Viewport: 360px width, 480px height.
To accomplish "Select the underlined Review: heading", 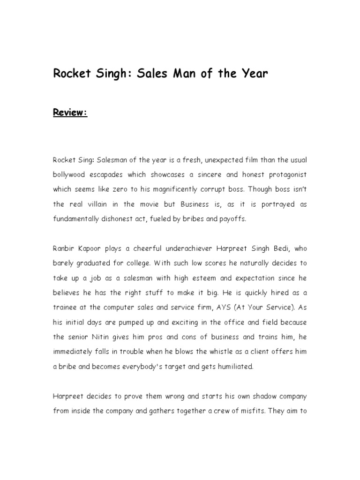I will tap(70, 113).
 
